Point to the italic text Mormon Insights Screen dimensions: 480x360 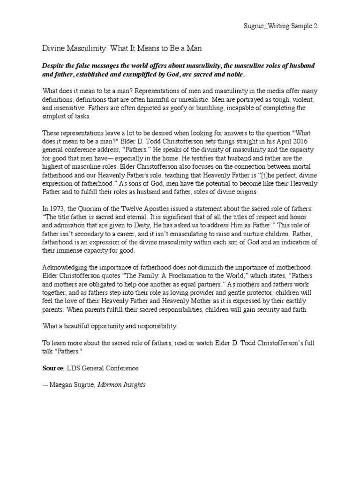click(x=122, y=385)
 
